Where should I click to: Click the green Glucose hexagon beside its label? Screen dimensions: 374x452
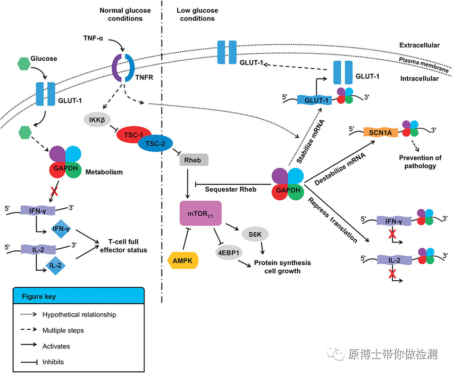23,63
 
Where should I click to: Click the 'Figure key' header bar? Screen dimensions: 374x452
78,296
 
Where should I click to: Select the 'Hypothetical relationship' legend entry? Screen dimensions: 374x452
79,314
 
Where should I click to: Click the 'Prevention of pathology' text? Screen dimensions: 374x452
420,161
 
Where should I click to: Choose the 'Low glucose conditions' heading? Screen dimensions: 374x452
197,14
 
